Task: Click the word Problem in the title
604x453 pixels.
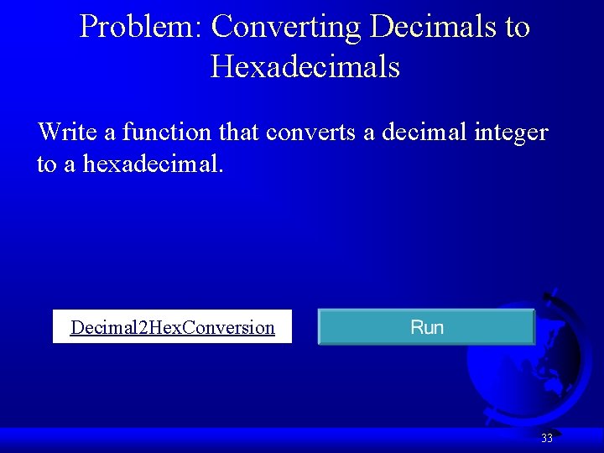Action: pos(136,27)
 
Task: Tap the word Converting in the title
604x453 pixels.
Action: pos(286,27)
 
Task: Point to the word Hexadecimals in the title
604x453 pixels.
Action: pos(305,66)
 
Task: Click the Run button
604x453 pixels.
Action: pos(426,327)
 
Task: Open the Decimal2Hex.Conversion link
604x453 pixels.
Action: pos(172,327)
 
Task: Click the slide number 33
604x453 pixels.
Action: pos(547,438)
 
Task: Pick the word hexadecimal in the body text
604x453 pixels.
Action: pos(151,163)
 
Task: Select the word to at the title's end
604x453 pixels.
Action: pos(518,27)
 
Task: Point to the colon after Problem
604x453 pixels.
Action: pos(198,29)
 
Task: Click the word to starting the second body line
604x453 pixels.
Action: pos(46,163)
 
